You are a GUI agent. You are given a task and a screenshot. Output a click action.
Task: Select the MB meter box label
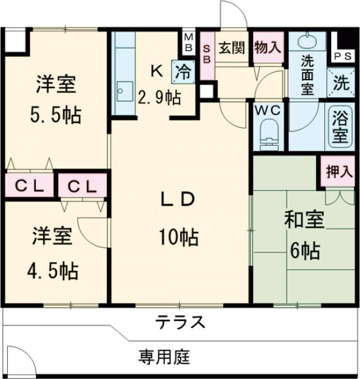click(x=188, y=42)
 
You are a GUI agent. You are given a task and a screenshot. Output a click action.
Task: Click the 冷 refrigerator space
click(x=184, y=71)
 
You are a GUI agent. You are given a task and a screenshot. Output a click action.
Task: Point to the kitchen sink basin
click(x=124, y=92)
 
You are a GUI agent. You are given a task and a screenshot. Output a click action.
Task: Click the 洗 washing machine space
click(x=340, y=83)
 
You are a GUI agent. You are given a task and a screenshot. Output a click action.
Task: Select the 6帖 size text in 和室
click(x=304, y=250)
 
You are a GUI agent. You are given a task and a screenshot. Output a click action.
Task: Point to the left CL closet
click(x=29, y=186)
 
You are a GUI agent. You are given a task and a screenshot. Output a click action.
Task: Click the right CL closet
click(x=82, y=186)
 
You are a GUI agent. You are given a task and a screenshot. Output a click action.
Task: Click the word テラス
click(x=181, y=322)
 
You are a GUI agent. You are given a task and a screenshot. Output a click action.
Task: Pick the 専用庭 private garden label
click(x=164, y=357)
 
